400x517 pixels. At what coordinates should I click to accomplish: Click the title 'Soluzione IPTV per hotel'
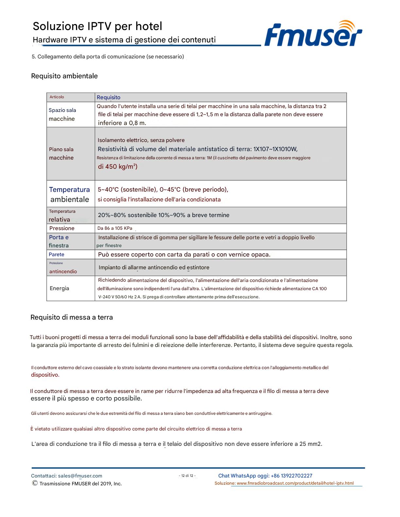click(97, 26)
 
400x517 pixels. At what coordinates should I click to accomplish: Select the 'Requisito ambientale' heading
click(64, 76)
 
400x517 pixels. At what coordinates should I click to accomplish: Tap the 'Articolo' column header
click(57, 97)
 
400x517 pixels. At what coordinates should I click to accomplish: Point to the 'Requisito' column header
click(108, 97)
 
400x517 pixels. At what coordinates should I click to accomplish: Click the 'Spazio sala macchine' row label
click(62, 115)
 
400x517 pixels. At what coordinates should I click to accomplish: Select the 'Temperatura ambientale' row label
click(70, 194)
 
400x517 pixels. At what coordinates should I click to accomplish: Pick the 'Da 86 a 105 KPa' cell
click(115, 228)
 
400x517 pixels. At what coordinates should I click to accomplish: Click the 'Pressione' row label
click(62, 228)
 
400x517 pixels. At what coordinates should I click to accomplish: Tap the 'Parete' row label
click(57, 255)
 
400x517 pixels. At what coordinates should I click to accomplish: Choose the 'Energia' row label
click(59, 288)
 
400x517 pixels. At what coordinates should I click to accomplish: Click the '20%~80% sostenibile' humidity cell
click(163, 215)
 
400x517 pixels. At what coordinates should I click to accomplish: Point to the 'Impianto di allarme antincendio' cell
click(154, 267)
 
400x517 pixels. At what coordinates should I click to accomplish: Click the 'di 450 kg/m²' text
click(118, 166)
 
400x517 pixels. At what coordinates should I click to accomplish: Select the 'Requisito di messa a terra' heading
click(72, 317)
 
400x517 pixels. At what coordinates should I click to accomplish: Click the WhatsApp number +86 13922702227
click(292, 476)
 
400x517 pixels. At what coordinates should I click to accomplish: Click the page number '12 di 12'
click(187, 476)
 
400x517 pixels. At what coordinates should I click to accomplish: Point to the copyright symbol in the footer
click(35, 483)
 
